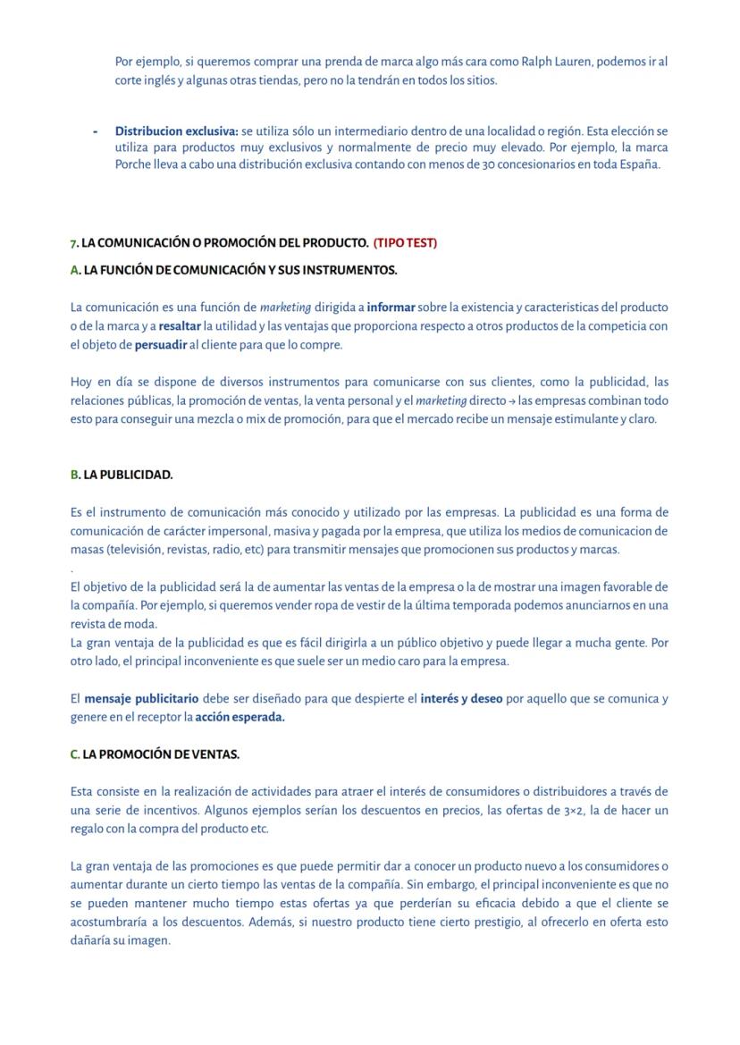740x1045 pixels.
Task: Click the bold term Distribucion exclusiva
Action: point(175,131)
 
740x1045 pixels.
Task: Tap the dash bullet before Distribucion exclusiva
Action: point(96,131)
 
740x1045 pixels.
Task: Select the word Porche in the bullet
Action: point(133,164)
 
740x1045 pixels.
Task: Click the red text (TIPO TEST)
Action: point(405,243)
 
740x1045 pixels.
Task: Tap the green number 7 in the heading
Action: point(73,243)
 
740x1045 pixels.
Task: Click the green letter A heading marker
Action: point(74,270)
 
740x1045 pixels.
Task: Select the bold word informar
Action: point(391,308)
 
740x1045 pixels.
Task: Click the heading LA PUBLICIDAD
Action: point(128,475)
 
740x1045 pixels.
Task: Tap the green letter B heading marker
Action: point(74,475)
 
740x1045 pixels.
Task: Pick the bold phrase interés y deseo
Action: point(461,698)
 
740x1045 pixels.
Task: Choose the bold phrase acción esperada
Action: point(240,717)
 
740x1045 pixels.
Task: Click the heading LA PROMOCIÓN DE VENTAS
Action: point(161,754)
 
